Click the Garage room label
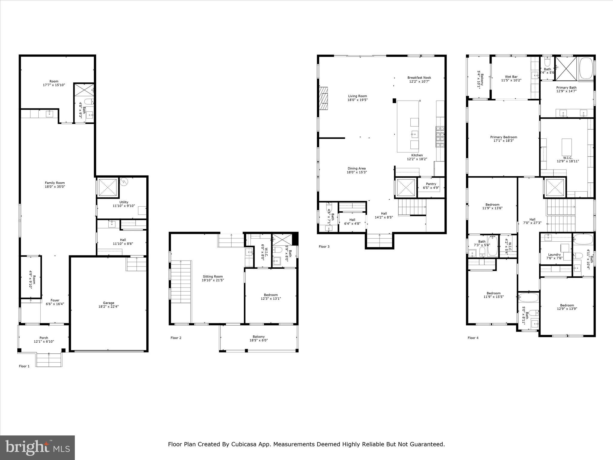(109, 303)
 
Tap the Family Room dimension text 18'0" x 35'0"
(55, 187)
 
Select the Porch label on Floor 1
(44, 338)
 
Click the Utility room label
(124, 202)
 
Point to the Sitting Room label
(213, 276)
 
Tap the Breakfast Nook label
(419, 78)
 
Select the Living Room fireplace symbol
(323, 99)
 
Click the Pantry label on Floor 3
(431, 184)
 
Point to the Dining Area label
(356, 168)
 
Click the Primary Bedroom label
(503, 137)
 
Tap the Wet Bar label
(511, 77)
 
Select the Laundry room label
(554, 255)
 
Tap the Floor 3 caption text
(324, 246)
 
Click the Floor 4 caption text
(473, 338)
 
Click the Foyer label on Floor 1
(55, 300)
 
